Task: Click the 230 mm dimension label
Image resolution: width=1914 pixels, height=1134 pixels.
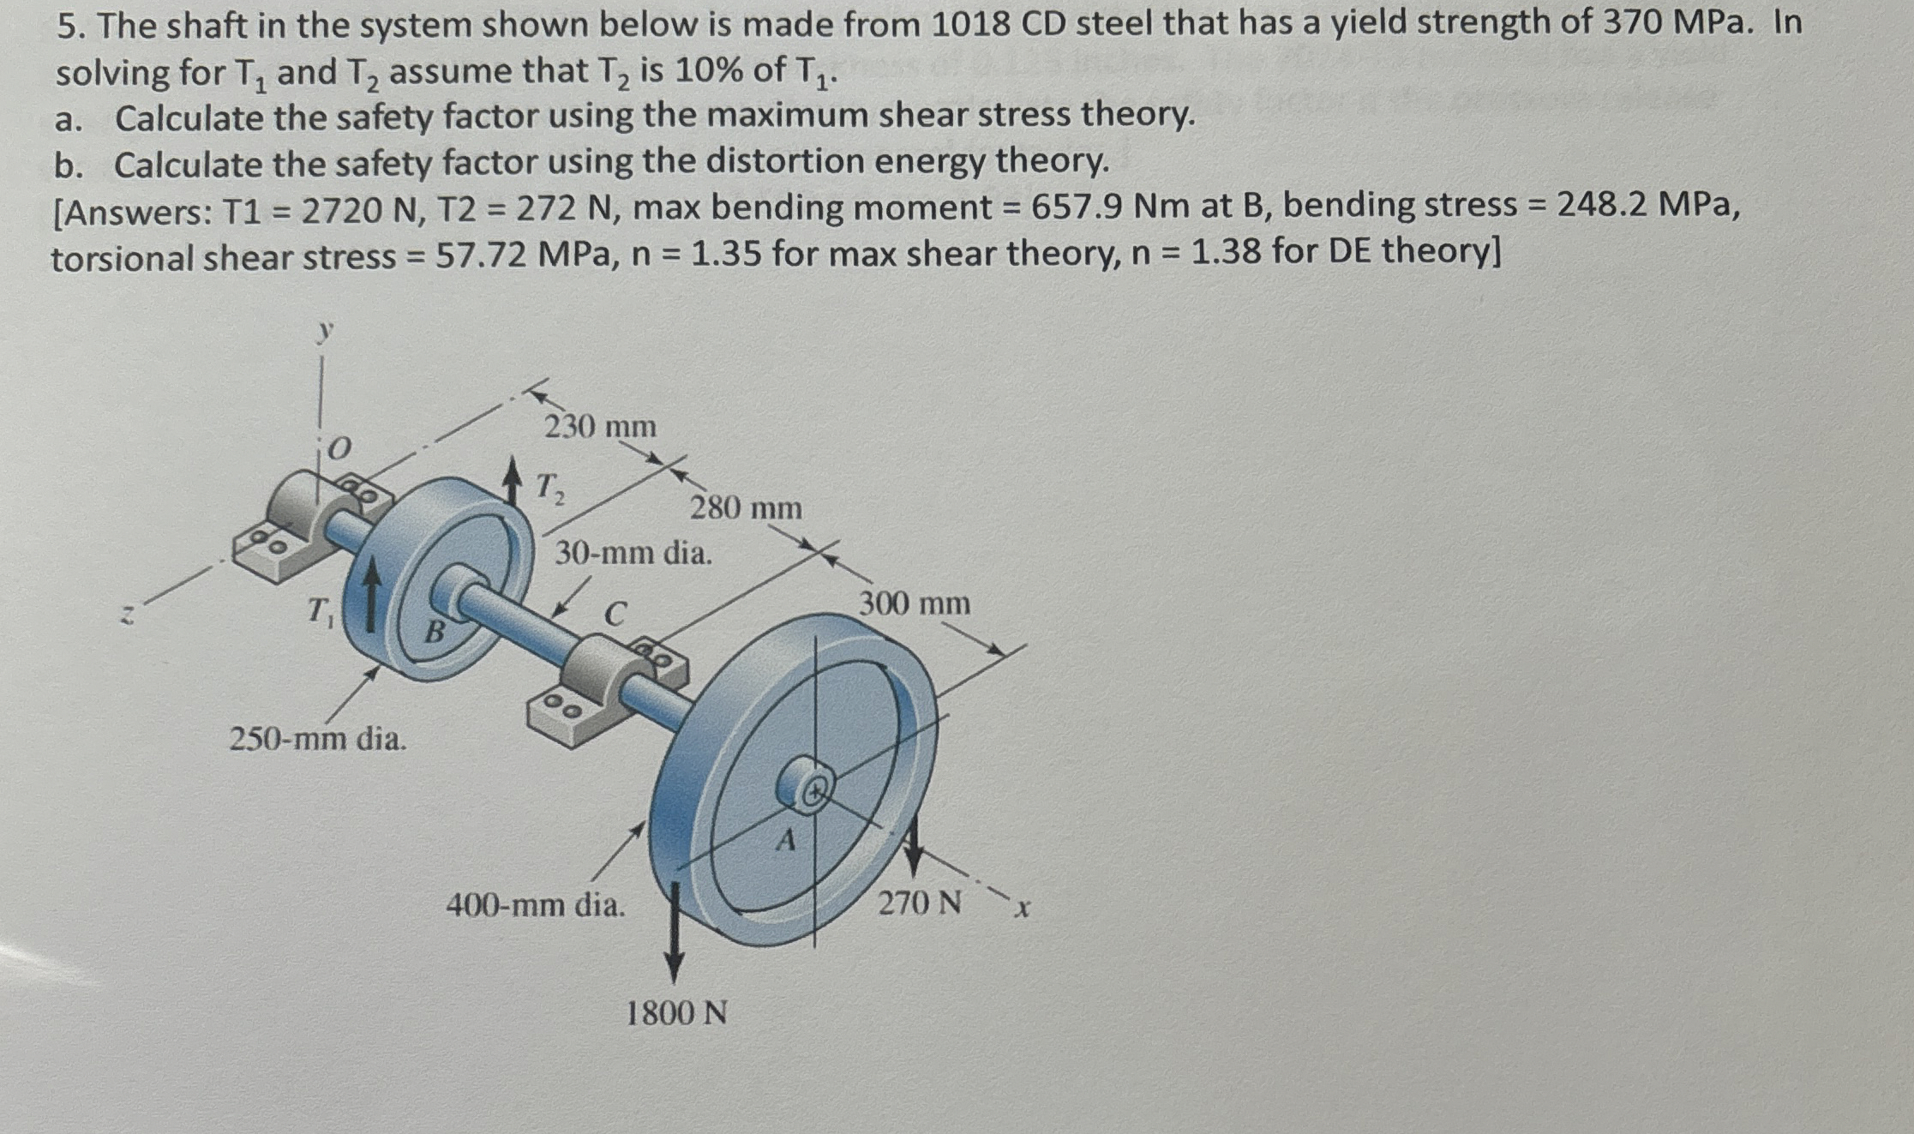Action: [x=600, y=426]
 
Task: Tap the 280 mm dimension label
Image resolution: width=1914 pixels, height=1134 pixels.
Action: [x=746, y=508]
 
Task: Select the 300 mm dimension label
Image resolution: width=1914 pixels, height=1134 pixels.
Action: [x=915, y=603]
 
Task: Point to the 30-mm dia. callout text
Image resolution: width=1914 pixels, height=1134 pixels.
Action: [x=633, y=553]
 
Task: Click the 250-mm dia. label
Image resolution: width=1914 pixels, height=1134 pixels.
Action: [x=317, y=738]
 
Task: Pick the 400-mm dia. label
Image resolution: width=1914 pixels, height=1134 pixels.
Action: [x=536, y=904]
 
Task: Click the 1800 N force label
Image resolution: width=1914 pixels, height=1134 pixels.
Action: [x=676, y=1013]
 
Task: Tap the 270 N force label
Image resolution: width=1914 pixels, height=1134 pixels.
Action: [x=919, y=903]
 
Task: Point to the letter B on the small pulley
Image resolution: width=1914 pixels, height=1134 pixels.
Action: [x=435, y=633]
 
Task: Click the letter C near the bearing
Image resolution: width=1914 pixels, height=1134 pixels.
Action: [x=615, y=614]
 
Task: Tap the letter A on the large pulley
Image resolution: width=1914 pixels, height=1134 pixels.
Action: [x=785, y=841]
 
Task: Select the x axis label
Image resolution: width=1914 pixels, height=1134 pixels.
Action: [x=1021, y=907]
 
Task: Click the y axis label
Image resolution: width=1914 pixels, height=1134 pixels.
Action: [x=323, y=331]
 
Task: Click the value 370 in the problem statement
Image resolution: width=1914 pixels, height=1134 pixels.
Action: [x=1629, y=23]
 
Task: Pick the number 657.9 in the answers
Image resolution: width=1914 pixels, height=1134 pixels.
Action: [x=1076, y=207]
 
